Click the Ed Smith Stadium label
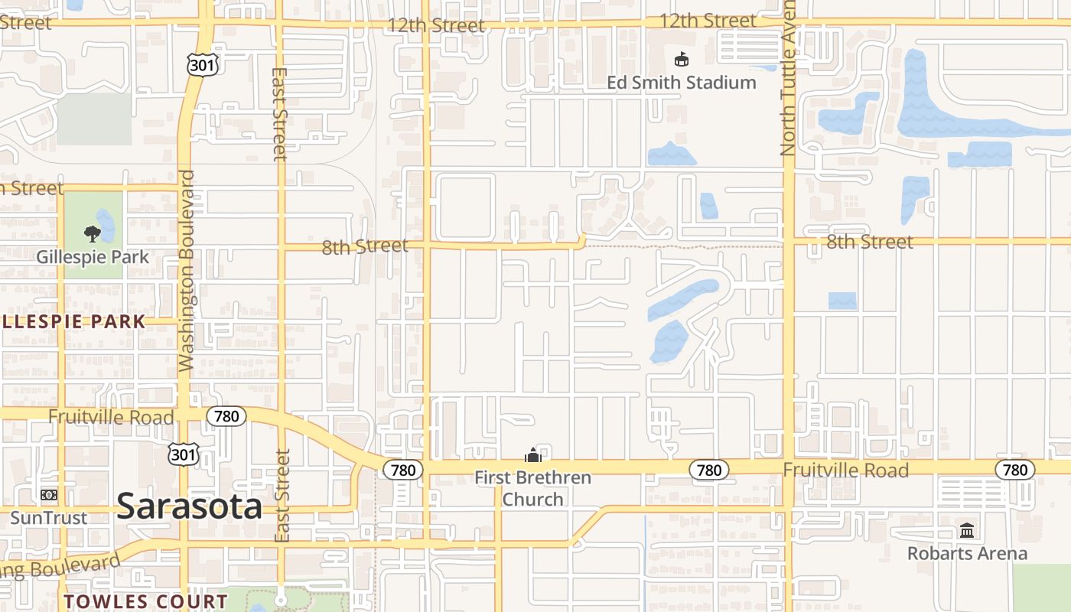coord(681,83)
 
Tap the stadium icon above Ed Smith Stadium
coord(681,59)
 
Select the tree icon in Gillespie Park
coord(92,233)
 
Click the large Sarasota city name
coord(190,506)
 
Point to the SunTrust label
coord(48,518)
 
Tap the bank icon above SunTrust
coord(49,495)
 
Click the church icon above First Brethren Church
coord(532,456)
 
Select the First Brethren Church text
coord(532,488)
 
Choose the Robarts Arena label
coord(967,553)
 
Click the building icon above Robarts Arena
coord(967,530)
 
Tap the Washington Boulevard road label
coord(187,272)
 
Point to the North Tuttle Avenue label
coord(788,80)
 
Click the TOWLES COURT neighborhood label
coord(145,601)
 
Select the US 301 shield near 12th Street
coord(202,65)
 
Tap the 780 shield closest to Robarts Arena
coord(1014,470)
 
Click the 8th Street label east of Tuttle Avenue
coord(870,243)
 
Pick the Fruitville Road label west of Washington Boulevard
coord(111,418)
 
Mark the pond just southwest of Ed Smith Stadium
coord(671,155)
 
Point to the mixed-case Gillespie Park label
coord(93,257)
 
